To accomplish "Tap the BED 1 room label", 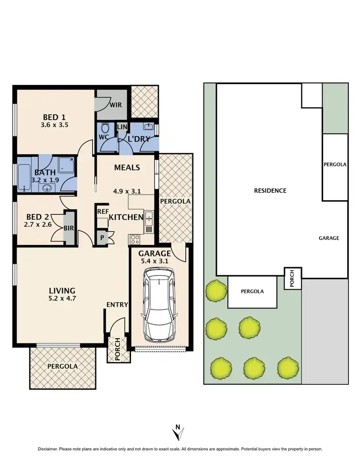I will pos(54,117).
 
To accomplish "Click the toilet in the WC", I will pos(106,128).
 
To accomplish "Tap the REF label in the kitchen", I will pos(103,211).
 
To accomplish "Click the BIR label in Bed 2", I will pos(69,229).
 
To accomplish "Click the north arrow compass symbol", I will pos(178,432).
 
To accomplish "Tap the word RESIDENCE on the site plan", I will pos(270,191).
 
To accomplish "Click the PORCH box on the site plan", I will pos(293,279).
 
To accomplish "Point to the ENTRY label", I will pos(117,305).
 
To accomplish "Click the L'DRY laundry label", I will pos(139,139).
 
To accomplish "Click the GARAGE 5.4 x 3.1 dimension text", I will pos(155,262).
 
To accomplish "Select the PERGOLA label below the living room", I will pos(62,366).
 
